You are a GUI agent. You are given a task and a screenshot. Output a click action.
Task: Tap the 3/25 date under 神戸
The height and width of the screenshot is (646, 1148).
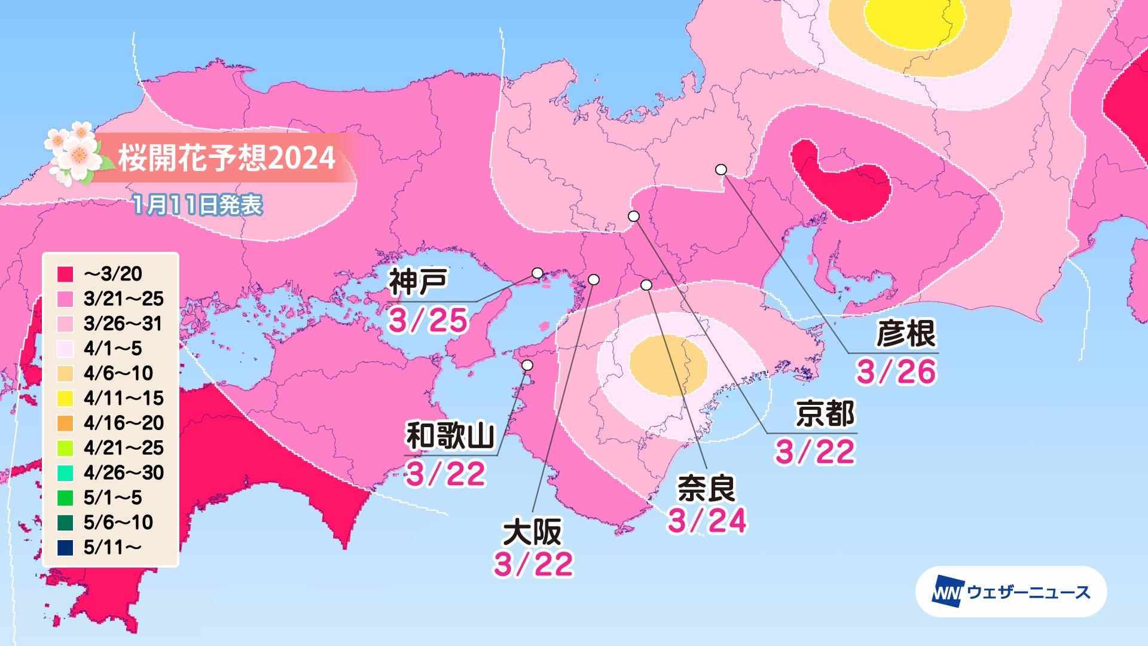coord(428,321)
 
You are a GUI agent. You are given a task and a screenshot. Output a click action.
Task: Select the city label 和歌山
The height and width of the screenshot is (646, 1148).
coord(450,436)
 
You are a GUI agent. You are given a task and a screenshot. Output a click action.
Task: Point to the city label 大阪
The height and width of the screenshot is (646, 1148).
coord(532,532)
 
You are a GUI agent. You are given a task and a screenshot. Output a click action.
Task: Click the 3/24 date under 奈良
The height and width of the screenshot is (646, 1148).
coord(707,522)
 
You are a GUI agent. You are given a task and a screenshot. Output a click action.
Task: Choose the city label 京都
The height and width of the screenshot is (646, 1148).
coord(825,414)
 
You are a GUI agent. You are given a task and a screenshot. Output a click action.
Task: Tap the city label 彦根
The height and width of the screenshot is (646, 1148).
coord(905,334)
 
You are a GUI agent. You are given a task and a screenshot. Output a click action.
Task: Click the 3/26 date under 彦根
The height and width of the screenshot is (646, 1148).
coord(896,372)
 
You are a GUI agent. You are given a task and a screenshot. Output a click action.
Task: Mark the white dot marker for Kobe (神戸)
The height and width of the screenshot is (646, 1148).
coord(538,273)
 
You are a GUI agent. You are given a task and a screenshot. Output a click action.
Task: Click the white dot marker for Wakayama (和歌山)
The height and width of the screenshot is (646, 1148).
coord(527,365)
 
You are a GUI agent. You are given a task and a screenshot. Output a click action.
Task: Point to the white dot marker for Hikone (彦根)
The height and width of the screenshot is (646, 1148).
coord(721,169)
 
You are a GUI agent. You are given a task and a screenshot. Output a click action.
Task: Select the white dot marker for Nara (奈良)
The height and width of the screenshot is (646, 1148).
coord(646,285)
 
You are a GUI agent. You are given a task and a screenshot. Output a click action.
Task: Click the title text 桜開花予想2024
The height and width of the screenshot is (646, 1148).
coord(227,159)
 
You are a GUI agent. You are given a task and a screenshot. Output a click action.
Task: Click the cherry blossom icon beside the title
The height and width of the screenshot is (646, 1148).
coord(74,152)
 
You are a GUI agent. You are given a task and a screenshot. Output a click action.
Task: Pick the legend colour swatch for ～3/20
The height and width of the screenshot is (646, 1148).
coord(66,274)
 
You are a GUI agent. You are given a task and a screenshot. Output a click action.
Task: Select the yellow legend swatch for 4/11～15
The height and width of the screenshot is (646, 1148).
coord(66,398)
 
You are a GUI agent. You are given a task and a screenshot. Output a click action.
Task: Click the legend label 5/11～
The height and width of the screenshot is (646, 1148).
coord(112,547)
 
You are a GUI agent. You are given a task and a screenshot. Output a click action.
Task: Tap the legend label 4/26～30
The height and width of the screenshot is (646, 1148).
coord(123,473)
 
